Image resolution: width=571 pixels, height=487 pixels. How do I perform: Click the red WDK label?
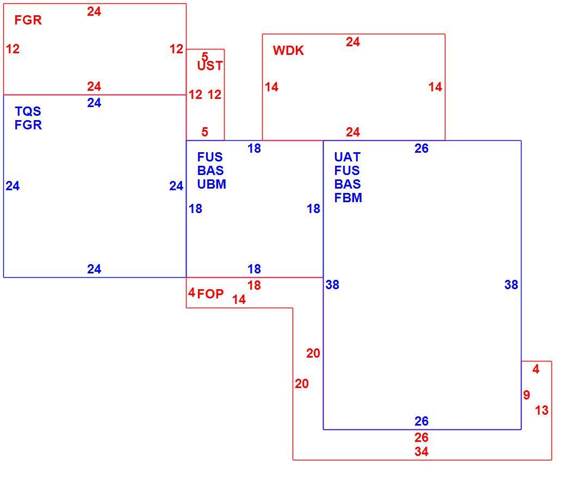tap(288, 50)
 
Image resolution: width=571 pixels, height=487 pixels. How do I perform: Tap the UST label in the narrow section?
tap(210, 66)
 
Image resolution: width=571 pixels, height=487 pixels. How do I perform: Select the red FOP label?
tap(210, 294)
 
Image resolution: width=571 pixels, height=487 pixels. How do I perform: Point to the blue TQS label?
tap(28, 111)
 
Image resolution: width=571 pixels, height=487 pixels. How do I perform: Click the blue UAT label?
tap(347, 157)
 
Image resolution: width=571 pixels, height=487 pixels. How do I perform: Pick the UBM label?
tap(212, 184)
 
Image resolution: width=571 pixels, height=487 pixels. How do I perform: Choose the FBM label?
tap(348, 198)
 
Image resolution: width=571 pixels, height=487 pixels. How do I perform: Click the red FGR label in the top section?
tap(28, 20)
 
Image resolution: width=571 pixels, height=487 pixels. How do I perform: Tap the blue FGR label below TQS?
tap(28, 125)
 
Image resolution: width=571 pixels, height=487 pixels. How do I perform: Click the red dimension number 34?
tap(421, 452)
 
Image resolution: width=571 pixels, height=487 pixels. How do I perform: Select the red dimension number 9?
tap(526, 395)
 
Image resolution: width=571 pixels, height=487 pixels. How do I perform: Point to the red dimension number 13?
tap(542, 410)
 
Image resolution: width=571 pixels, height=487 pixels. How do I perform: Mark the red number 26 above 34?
tap(421, 437)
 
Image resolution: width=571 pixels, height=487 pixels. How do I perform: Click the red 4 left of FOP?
tap(191, 292)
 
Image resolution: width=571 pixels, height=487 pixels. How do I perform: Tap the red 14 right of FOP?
tap(239, 299)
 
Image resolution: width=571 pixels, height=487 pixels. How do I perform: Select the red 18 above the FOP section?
tap(254, 285)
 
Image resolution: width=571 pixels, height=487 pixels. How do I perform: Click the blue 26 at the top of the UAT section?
tap(421, 148)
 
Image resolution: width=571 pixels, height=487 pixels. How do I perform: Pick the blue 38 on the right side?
tap(511, 285)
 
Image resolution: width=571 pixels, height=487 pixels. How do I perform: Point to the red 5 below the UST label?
tap(204, 132)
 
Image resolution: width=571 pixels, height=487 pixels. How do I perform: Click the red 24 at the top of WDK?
tap(353, 42)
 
